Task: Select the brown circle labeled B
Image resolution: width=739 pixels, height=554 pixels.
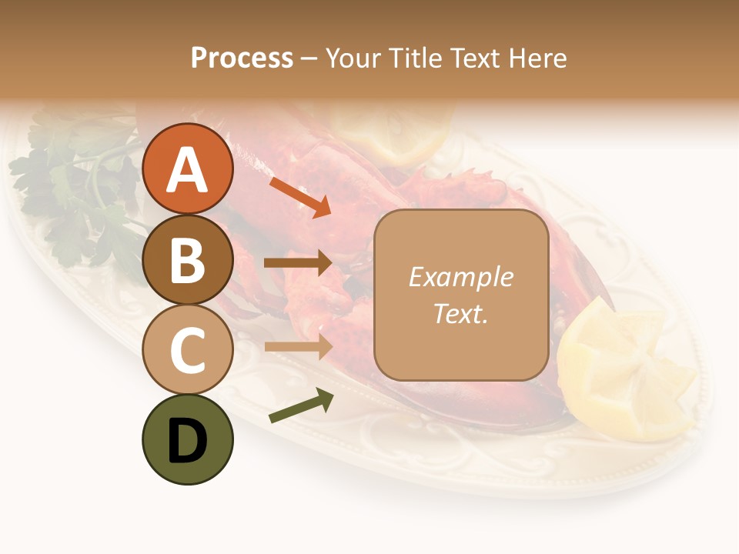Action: [187, 259]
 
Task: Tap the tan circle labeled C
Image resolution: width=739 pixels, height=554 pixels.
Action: [187, 349]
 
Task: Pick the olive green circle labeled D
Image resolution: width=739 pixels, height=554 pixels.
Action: [187, 439]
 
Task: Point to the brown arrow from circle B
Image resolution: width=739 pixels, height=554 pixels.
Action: [298, 263]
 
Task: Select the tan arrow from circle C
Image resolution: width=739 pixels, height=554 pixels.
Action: [298, 346]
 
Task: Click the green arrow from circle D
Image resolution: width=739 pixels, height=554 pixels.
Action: [301, 406]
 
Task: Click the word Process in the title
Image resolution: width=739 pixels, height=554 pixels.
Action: [242, 58]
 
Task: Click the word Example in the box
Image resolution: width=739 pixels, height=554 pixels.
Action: [460, 277]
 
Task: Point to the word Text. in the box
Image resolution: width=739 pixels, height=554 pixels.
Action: [460, 313]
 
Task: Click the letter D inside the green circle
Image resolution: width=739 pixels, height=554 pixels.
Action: [187, 441]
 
